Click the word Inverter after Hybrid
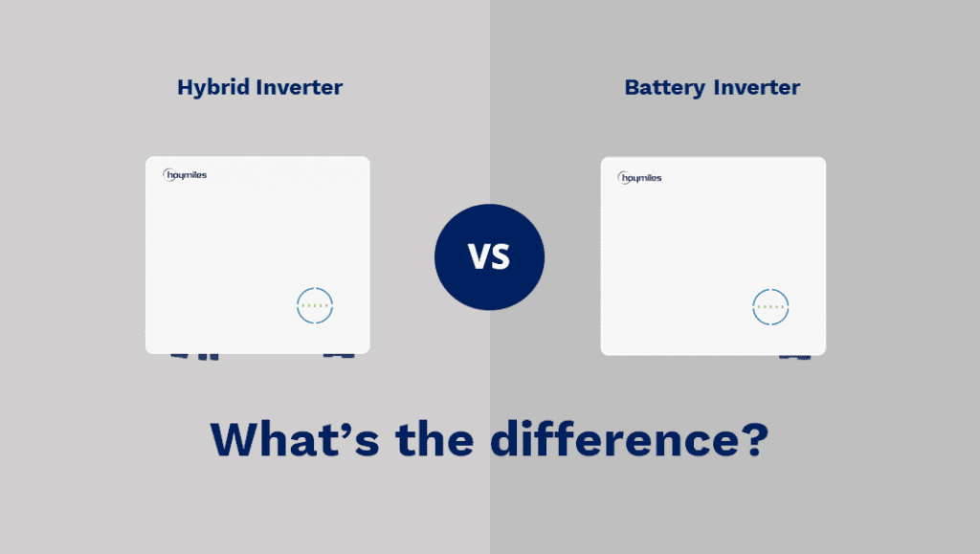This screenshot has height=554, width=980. click(300, 87)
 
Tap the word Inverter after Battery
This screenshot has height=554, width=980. click(757, 87)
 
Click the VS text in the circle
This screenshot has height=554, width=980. click(489, 256)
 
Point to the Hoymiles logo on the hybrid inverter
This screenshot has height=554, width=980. click(185, 175)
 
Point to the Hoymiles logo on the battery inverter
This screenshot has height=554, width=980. click(639, 178)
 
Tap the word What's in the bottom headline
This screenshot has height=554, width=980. click(295, 439)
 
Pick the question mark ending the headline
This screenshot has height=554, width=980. click(754, 439)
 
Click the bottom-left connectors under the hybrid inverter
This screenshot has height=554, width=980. click(195, 357)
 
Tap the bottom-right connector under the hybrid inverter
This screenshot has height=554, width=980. click(339, 355)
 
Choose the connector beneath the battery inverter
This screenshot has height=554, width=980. click(794, 357)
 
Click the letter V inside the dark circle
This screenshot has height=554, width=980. click(479, 256)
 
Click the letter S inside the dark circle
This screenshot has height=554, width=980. click(501, 256)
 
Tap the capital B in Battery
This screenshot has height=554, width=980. click(634, 87)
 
